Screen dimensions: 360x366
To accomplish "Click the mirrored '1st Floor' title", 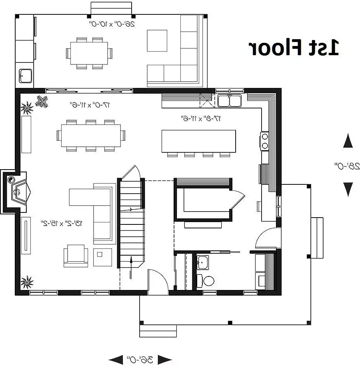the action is click(x=294, y=48).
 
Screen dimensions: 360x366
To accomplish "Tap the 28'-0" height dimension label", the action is click(x=347, y=166).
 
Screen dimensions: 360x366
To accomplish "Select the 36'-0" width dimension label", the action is click(x=140, y=360).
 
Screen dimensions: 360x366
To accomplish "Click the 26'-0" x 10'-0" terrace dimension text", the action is click(x=112, y=24).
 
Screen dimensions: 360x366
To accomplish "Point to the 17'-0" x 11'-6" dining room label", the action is click(x=90, y=105).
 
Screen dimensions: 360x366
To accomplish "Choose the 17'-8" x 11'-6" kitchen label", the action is click(x=201, y=118).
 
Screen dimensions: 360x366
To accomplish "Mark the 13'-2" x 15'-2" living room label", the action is click(x=62, y=223).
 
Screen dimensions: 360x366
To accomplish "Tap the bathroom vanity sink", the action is click(x=203, y=262).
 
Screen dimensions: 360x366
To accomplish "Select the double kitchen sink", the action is click(x=230, y=101).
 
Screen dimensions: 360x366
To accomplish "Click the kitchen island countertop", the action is click(x=199, y=141).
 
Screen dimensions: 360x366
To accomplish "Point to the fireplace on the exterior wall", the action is click(x=16, y=192).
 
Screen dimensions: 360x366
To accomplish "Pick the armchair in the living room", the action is click(x=76, y=256).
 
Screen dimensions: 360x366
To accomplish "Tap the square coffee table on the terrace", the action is click(x=157, y=41).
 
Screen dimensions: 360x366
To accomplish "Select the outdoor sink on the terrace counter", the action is click(x=26, y=76).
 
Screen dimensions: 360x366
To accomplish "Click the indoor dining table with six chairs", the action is click(x=91, y=136).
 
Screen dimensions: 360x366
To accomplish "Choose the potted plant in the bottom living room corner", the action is click(x=27, y=282).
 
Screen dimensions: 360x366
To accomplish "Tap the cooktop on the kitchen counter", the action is click(x=265, y=141).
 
